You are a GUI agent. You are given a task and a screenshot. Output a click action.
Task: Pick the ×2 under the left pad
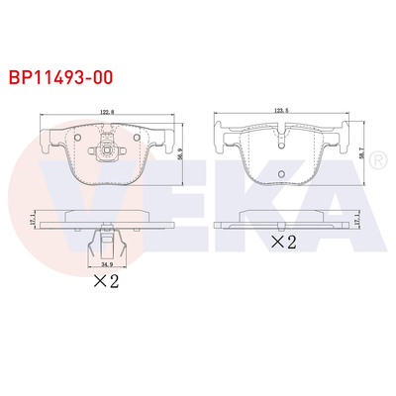coord(106,280)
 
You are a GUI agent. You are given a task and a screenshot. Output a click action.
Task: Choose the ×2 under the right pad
coord(284,241)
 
